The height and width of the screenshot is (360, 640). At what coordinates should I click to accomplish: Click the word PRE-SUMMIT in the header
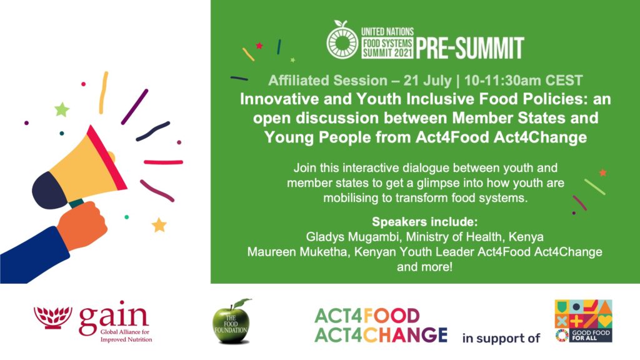(470, 48)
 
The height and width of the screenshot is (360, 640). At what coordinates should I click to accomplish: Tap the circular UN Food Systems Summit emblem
(342, 41)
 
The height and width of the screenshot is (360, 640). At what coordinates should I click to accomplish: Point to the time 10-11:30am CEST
(524, 81)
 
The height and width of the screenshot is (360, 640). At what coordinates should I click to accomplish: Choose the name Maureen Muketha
(298, 252)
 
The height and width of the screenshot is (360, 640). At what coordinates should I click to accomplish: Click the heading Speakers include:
(424, 222)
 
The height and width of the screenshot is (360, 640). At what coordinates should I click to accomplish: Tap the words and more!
(424, 267)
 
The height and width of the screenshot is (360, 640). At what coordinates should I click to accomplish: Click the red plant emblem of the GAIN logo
(53, 317)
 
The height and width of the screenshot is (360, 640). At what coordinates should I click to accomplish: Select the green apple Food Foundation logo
(231, 322)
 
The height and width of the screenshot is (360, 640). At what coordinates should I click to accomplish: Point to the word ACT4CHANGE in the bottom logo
(381, 336)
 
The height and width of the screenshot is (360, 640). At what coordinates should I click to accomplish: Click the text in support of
(501, 338)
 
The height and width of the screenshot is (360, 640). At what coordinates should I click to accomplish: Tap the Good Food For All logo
(583, 321)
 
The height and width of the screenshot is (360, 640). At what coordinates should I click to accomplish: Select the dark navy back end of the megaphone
(48, 191)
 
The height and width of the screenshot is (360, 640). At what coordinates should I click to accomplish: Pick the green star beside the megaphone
(62, 109)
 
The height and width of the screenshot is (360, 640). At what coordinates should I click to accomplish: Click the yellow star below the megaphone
(159, 224)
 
